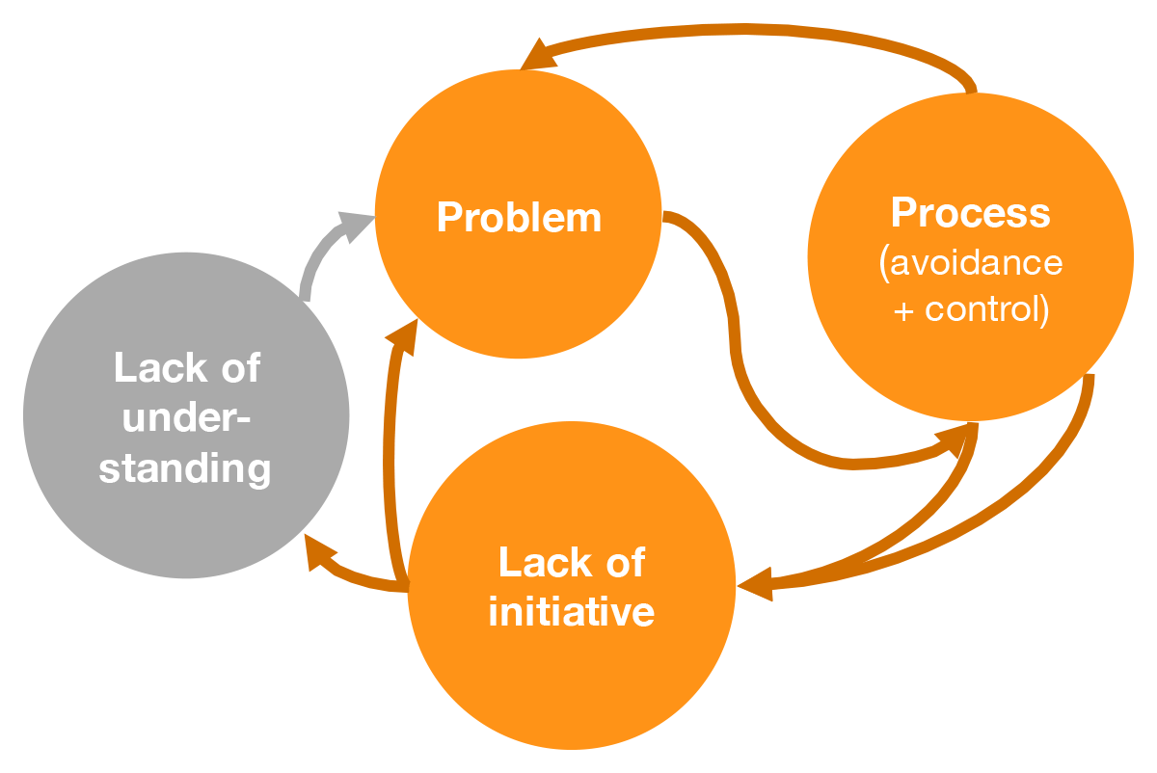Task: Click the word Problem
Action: [x=519, y=217]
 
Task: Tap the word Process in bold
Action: [x=970, y=212]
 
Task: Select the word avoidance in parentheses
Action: [x=975, y=262]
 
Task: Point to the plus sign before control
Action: [x=903, y=312]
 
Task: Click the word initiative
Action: [x=571, y=611]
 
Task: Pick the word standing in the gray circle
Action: [x=184, y=468]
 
